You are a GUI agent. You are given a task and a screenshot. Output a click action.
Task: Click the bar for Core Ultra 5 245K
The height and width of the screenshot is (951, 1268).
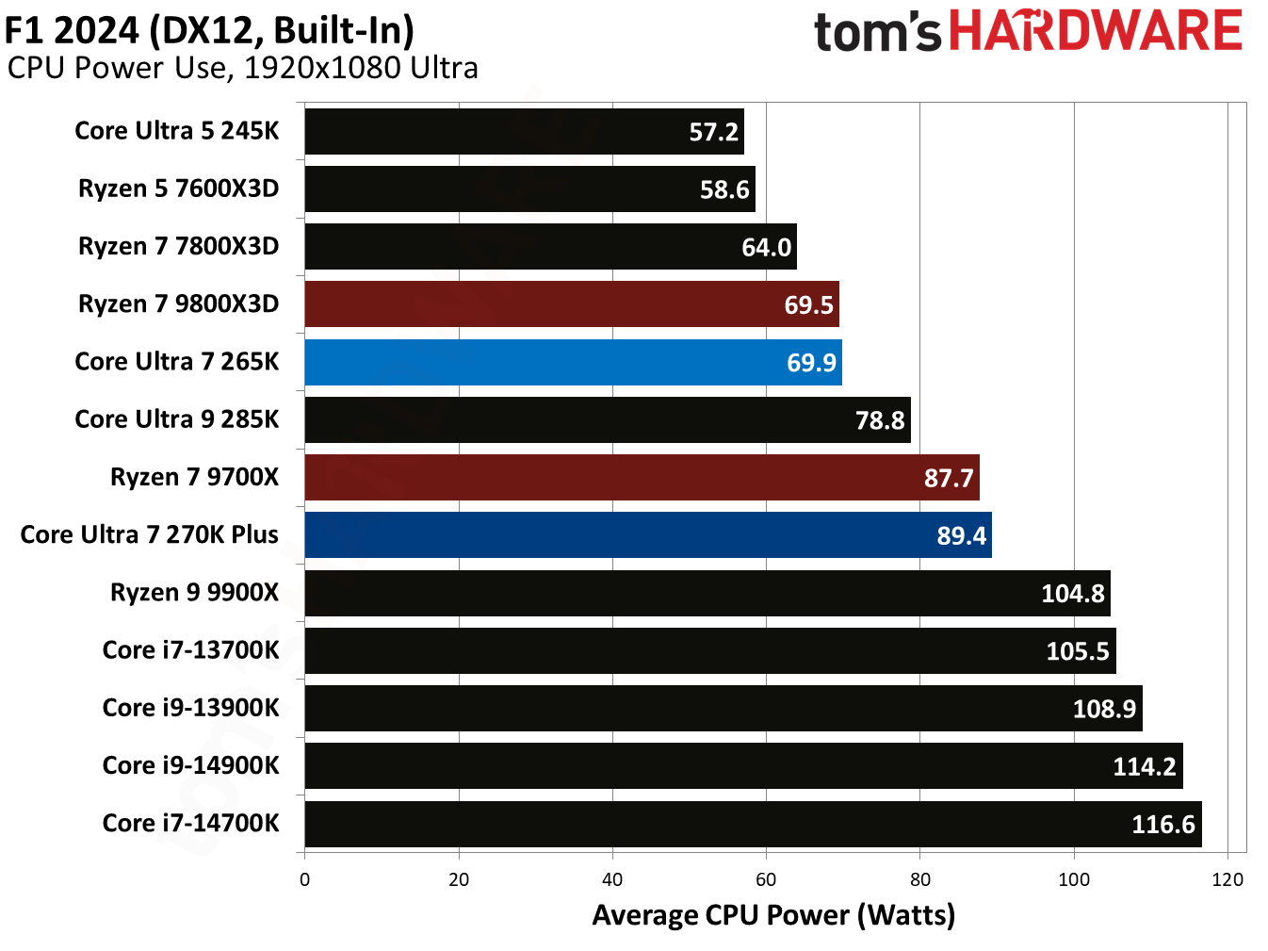pyautogui.click(x=524, y=131)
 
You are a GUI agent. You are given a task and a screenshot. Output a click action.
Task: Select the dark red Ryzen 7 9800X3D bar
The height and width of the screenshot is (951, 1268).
pyautogui.click(x=571, y=303)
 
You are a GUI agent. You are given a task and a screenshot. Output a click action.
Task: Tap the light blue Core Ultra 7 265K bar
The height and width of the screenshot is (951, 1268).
pyautogui.click(x=573, y=362)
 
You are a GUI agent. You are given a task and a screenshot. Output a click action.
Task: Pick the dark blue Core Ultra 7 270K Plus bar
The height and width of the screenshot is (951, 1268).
pyautogui.click(x=647, y=534)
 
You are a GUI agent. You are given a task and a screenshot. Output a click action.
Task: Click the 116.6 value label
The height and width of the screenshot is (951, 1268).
pyautogui.click(x=1162, y=825)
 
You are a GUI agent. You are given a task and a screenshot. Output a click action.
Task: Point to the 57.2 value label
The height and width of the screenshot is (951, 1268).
pyautogui.click(x=713, y=132)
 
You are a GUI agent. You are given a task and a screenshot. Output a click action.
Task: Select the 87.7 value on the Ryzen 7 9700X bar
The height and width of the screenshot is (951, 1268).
pyautogui.click(x=948, y=478)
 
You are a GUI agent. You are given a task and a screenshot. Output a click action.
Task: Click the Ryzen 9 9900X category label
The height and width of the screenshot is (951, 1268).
pyautogui.click(x=194, y=592)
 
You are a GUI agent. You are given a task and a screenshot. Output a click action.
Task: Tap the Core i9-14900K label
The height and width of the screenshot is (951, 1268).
pyautogui.click(x=190, y=765)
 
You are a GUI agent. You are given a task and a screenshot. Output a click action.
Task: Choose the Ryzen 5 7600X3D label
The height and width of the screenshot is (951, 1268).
pyautogui.click(x=178, y=189)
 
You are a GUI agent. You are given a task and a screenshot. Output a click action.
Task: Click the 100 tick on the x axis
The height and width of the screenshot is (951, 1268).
pyautogui.click(x=1073, y=879)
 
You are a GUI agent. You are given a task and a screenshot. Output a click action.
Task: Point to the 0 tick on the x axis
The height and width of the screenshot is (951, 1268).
pyautogui.click(x=304, y=879)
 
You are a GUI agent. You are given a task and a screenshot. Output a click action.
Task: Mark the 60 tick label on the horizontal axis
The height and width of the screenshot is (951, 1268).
pyautogui.click(x=766, y=879)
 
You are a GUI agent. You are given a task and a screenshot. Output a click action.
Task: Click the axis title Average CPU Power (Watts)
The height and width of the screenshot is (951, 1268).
pyautogui.click(x=773, y=915)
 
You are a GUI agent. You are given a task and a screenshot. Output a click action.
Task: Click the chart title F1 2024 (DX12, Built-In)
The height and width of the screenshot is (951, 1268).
pyautogui.click(x=209, y=30)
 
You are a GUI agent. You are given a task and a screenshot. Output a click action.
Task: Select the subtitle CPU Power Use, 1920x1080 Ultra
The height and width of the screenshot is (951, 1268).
pyautogui.click(x=242, y=68)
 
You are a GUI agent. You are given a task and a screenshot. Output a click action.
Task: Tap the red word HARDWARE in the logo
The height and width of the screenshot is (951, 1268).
pyautogui.click(x=1095, y=31)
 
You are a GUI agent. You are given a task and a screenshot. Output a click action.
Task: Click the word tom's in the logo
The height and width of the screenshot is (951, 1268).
pyautogui.click(x=876, y=33)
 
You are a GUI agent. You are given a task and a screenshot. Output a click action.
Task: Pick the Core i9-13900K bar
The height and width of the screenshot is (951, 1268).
pyautogui.click(x=723, y=708)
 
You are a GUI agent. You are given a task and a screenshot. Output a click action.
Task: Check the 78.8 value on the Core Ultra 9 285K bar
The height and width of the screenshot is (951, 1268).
pyautogui.click(x=879, y=420)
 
